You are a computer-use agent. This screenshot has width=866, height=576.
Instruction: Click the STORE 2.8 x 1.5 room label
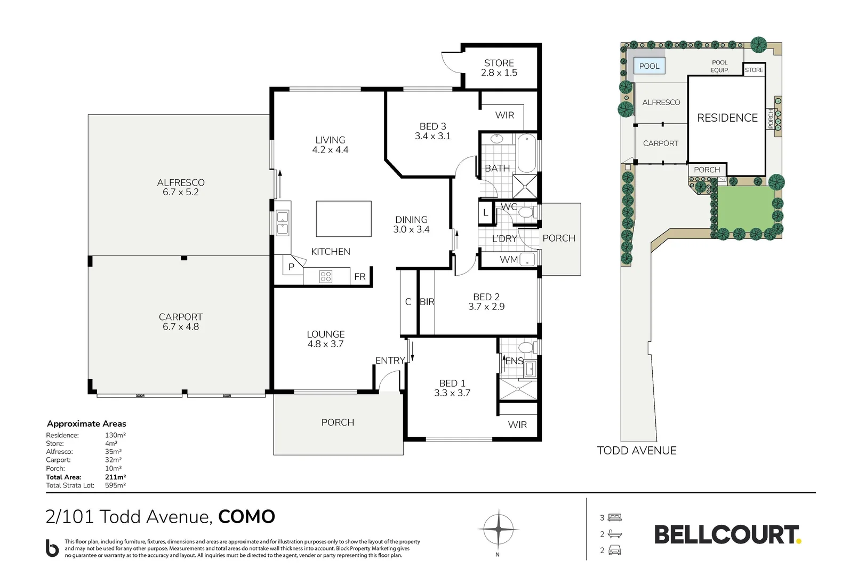click(x=499, y=68)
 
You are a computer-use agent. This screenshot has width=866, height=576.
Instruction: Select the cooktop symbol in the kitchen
click(x=325, y=276)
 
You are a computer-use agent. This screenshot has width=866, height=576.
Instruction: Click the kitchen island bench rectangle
click(x=343, y=219)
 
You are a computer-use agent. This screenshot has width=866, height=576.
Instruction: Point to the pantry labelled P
click(x=291, y=267)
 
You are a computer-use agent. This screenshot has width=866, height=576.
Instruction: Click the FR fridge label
click(x=360, y=277)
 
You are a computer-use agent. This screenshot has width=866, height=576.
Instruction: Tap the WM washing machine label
click(x=508, y=260)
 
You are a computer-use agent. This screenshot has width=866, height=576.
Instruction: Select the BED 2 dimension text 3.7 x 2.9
click(x=486, y=307)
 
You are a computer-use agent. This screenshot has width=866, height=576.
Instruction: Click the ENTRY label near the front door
click(x=390, y=361)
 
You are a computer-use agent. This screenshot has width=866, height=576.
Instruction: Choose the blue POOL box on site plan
click(x=649, y=66)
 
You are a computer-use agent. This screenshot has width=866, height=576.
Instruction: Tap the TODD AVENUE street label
click(x=637, y=451)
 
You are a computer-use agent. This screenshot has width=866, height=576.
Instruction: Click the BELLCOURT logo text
click(x=726, y=535)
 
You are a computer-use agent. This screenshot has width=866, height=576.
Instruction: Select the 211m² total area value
click(x=115, y=477)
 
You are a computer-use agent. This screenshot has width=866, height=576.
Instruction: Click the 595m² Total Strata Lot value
click(x=115, y=485)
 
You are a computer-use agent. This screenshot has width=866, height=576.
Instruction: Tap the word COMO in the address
click(x=246, y=517)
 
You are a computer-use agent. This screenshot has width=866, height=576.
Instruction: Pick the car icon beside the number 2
click(x=614, y=550)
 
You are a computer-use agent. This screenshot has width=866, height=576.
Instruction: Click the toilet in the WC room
click(x=525, y=212)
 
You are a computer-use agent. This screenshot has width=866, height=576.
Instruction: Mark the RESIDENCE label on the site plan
click(x=727, y=118)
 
